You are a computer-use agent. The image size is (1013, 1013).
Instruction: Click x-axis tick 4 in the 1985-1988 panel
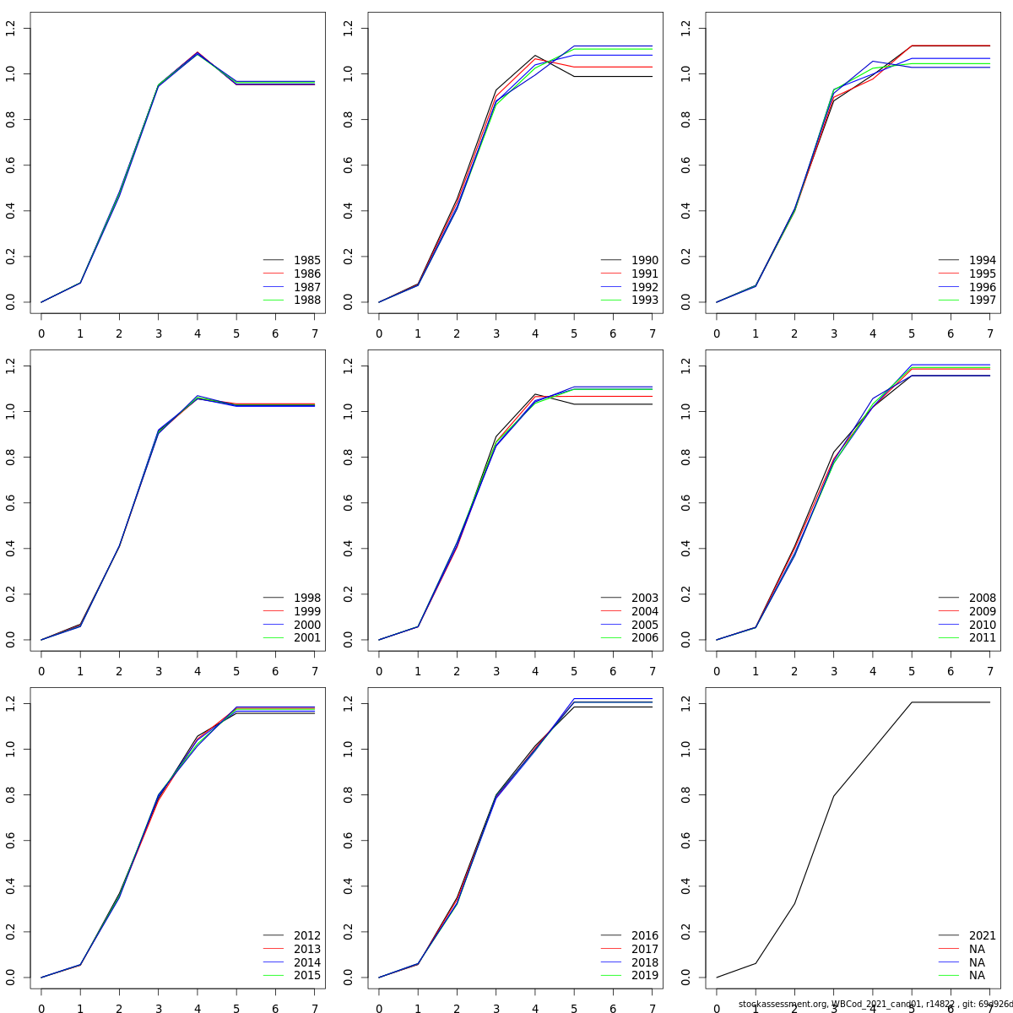point(198,333)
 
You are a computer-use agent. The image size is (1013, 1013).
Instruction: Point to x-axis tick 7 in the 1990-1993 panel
point(652,333)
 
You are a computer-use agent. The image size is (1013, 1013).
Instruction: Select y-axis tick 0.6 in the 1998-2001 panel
point(11,503)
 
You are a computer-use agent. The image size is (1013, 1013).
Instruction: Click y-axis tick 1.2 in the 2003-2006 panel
point(349,366)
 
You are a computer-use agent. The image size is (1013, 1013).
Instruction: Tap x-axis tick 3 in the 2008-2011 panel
point(834,671)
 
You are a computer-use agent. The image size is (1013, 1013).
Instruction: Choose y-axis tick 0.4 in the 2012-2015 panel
point(11,886)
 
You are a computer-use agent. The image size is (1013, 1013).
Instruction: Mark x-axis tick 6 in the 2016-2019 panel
point(613,1008)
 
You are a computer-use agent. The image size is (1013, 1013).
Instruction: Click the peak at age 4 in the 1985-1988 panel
point(198,53)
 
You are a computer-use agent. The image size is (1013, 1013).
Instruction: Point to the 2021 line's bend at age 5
point(912,702)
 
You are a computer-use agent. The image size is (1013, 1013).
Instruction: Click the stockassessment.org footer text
point(875,1004)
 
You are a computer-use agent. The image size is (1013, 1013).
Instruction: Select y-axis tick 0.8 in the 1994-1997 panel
point(686,119)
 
